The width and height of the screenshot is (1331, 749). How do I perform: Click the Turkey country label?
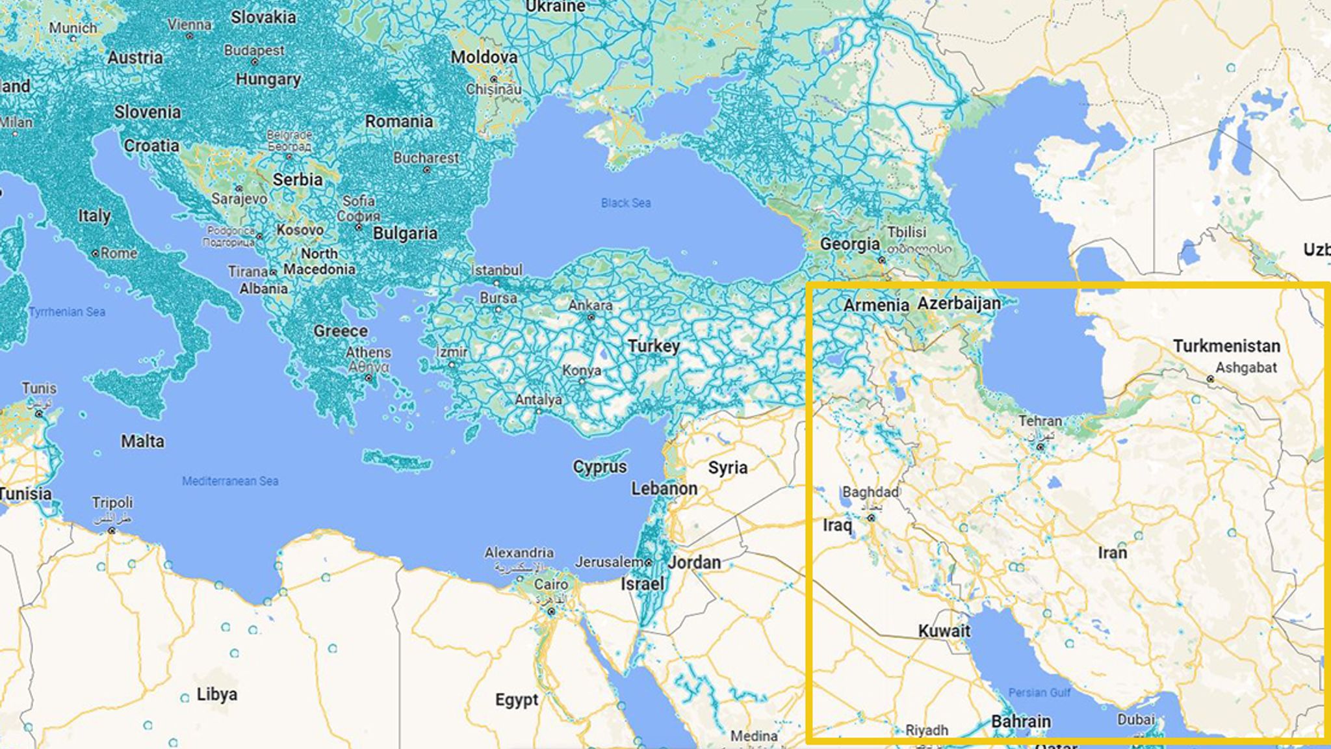[653, 346]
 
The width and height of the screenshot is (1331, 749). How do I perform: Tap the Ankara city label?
[590, 305]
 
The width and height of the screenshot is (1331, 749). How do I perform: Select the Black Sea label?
[625, 203]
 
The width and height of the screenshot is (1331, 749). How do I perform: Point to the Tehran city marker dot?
[1040, 447]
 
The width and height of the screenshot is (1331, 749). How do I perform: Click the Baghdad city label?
[870, 492]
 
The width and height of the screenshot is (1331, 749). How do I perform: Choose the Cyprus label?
[599, 467]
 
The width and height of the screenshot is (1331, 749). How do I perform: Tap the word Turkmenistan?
[1226, 346]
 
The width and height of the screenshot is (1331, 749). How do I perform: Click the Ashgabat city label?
[1246, 367]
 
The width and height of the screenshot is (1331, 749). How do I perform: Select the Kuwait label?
[944, 631]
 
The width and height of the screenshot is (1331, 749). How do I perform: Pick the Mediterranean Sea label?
[230, 481]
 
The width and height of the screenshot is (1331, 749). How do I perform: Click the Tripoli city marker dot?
[112, 531]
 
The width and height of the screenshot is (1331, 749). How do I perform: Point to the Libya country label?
[216, 694]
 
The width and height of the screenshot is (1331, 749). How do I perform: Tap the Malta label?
[142, 441]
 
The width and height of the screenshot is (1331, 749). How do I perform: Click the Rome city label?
[118, 253]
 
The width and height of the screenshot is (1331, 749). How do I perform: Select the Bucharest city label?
[426, 158]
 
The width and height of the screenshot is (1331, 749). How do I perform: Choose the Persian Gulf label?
[1039, 692]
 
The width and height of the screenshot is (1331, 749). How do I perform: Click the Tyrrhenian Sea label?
[66, 312]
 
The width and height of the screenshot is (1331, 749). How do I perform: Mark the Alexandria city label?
[519, 553]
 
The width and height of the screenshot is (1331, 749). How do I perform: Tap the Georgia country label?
[849, 244]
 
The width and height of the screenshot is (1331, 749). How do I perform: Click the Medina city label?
[753, 736]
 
